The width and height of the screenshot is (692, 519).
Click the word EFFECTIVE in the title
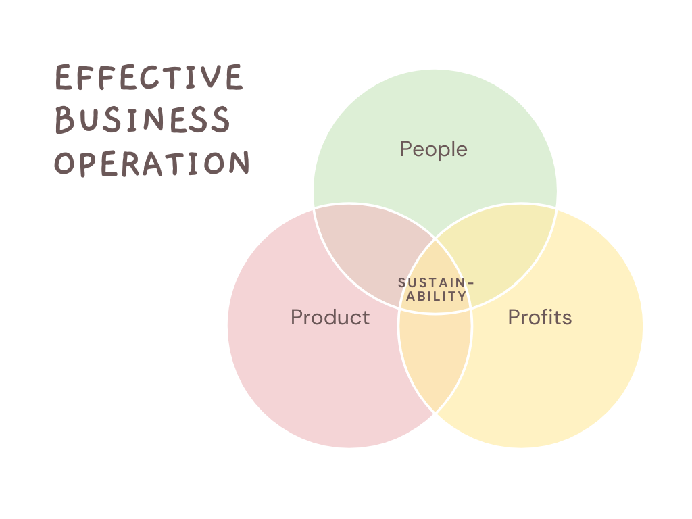coord(148,78)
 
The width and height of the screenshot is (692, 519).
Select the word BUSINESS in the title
coord(142,120)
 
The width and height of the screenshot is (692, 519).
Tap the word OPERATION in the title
coord(152,163)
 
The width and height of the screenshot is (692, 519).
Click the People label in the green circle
coord(434,149)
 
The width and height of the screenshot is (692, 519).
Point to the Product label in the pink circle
coord(330,317)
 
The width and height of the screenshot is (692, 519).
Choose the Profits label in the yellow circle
coord(540,317)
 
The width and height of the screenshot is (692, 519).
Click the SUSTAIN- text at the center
coord(432,282)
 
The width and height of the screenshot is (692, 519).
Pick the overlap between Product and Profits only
coord(435,358)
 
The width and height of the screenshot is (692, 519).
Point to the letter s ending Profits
coord(568,318)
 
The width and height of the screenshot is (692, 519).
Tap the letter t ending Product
coord(366,317)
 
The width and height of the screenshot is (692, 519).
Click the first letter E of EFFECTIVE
coord(63,78)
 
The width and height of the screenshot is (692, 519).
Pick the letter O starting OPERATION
coord(64,163)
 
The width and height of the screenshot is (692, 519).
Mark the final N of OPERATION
coord(239,163)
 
